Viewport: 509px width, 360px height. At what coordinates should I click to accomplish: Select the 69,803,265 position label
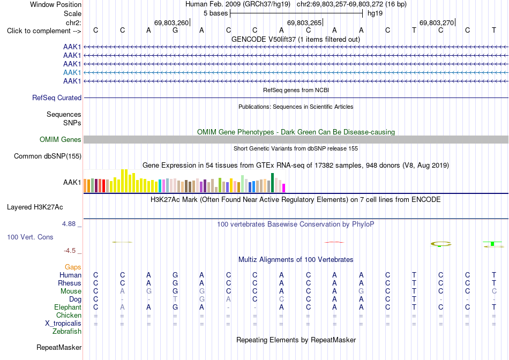pyautogui.click(x=304, y=22)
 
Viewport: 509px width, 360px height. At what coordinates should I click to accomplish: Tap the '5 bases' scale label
pyautogui.click(x=215, y=13)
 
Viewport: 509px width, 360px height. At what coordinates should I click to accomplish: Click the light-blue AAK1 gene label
pyautogui.click(x=72, y=72)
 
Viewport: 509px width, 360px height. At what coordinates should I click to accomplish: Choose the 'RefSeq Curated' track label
pyautogui.click(x=57, y=97)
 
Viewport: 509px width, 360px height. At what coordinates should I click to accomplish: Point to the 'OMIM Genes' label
pyautogui.click(x=61, y=140)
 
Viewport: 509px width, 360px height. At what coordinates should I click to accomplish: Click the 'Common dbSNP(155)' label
pyautogui.click(x=48, y=156)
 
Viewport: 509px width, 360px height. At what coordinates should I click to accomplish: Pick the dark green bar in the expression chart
pyautogui.click(x=272, y=183)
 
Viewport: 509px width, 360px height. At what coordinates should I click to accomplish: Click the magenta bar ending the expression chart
pyautogui.click(x=284, y=188)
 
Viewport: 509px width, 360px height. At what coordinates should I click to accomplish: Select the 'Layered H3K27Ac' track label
pyautogui.click(x=35, y=207)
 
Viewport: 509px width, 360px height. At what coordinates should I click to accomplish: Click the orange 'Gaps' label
pyautogui.click(x=73, y=267)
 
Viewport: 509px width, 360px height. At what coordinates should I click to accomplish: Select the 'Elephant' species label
pyautogui.click(x=68, y=307)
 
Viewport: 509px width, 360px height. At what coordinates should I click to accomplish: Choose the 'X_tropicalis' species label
pyautogui.click(x=63, y=324)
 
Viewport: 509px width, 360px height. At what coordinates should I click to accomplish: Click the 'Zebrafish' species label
pyautogui.click(x=67, y=332)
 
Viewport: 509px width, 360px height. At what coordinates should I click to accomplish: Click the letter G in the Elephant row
pyautogui.click(x=175, y=307)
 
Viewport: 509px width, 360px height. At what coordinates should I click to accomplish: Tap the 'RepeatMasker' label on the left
pyautogui.click(x=59, y=347)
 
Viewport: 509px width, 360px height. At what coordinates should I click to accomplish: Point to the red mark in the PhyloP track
pyautogui.click(x=334, y=242)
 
